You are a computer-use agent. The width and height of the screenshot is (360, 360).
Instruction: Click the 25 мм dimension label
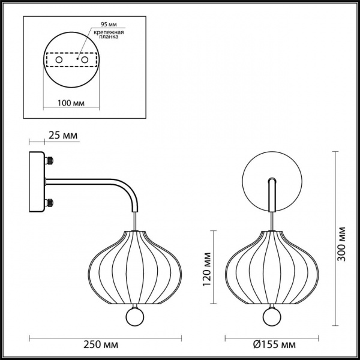(x=62, y=137)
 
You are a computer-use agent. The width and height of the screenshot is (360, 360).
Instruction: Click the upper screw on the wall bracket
(x=51, y=161)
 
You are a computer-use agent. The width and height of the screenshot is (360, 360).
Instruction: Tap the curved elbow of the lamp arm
(x=131, y=191)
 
